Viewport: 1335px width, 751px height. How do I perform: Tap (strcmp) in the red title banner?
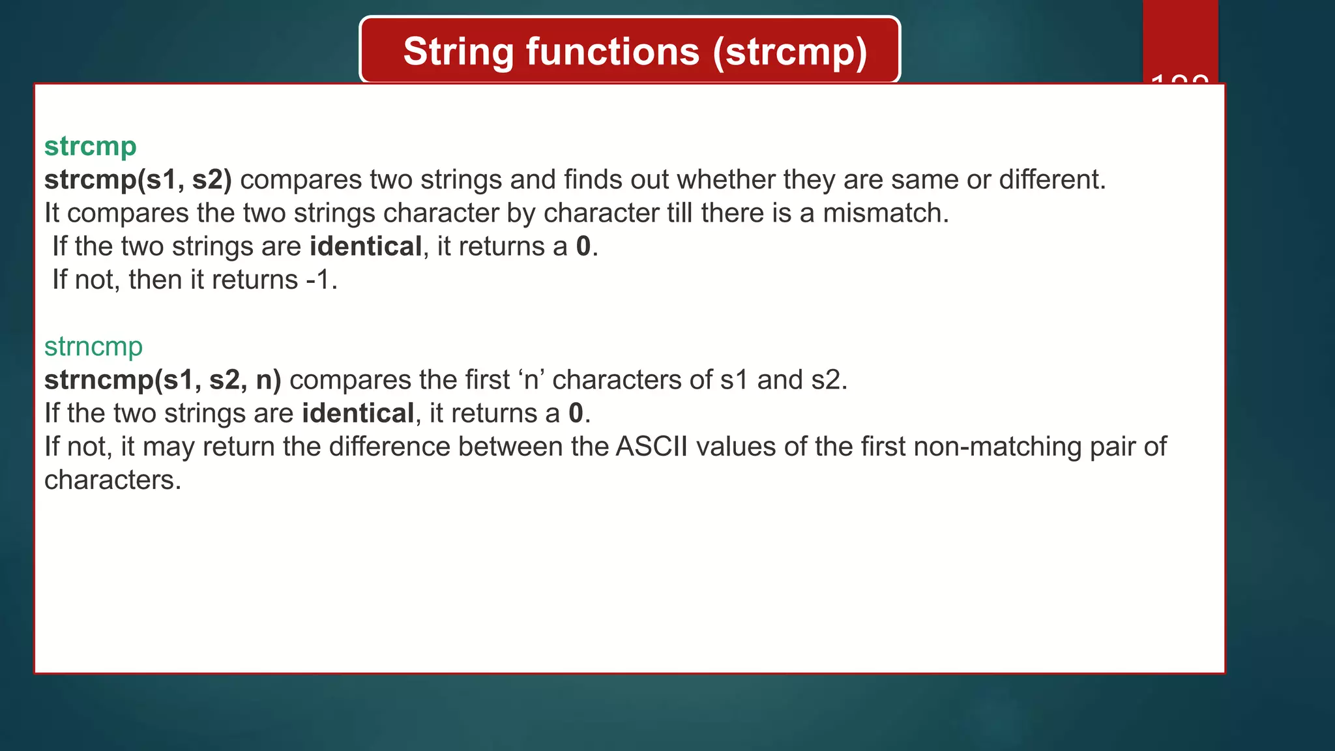(x=790, y=52)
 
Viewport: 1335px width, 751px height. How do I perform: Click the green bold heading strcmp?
(x=90, y=147)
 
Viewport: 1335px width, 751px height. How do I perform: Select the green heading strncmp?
(x=93, y=347)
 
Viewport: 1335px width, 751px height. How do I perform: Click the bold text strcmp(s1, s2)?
(x=138, y=180)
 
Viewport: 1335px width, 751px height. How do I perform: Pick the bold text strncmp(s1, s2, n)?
(x=162, y=380)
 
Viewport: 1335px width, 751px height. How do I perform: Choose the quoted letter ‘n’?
(x=531, y=380)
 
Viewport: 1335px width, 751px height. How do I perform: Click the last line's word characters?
(x=112, y=480)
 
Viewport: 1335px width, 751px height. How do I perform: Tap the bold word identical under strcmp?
(x=365, y=246)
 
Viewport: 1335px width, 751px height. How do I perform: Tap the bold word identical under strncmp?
(x=358, y=413)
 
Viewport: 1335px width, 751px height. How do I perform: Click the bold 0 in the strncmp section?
(x=576, y=413)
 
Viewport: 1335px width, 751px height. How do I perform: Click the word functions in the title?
(x=612, y=52)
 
